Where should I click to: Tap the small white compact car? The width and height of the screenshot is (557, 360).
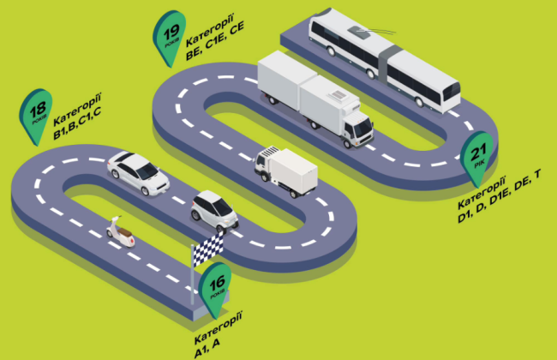click(x=211, y=210)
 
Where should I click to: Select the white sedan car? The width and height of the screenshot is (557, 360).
click(x=137, y=171)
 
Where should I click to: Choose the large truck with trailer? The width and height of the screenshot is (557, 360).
click(x=313, y=99)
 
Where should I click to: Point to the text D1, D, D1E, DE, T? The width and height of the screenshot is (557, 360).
click(x=499, y=208)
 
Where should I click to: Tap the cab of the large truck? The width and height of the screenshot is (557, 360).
click(x=356, y=126)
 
